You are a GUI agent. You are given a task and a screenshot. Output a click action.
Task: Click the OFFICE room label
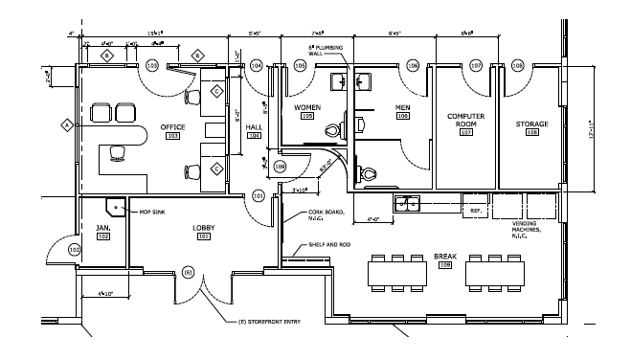coord(173,126)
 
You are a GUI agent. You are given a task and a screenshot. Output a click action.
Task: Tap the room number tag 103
coord(173,136)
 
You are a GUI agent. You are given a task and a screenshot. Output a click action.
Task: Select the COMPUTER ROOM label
coord(467,120)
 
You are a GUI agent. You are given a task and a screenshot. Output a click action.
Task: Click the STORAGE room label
coord(531,124)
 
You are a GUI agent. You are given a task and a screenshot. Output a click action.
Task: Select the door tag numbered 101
coord(259,196)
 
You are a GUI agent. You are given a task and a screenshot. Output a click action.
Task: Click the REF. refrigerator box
coord(473,207)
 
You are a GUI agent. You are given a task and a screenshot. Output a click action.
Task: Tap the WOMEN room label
coord(306,107)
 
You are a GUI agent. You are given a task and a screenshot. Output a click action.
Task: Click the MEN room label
coord(402,107)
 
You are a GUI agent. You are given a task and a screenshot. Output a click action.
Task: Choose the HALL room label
coord(254,126)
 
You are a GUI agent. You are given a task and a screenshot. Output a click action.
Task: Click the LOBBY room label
coord(202,227)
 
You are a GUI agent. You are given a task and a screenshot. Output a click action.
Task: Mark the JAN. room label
coord(102,227)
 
